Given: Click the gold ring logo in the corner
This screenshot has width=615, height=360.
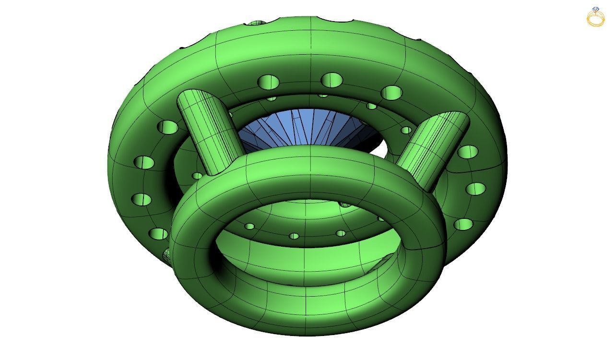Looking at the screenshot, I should [x=595, y=17].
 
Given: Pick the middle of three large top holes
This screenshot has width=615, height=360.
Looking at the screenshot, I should [x=331, y=80].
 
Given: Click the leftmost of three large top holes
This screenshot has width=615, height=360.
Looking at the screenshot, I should [x=269, y=82].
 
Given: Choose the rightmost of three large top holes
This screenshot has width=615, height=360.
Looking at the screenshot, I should [x=393, y=92].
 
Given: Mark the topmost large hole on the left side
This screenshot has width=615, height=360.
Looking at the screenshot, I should [x=167, y=127].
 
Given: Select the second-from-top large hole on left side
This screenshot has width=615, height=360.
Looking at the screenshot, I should [x=144, y=162].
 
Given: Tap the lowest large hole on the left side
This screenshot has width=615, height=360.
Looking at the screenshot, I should [x=158, y=234].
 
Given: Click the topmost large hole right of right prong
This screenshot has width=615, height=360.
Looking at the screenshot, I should [x=467, y=152].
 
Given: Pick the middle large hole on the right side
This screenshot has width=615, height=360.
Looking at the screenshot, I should [x=475, y=189].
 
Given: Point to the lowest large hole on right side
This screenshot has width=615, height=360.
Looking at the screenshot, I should [x=463, y=224].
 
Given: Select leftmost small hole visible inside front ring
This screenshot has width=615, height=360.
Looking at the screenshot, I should [x=249, y=226].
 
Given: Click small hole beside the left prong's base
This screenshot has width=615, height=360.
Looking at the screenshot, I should [x=197, y=176].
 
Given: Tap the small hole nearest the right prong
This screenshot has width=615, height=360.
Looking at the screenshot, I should [x=406, y=130].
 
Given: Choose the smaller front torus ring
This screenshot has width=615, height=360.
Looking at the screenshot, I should [x=307, y=288].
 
